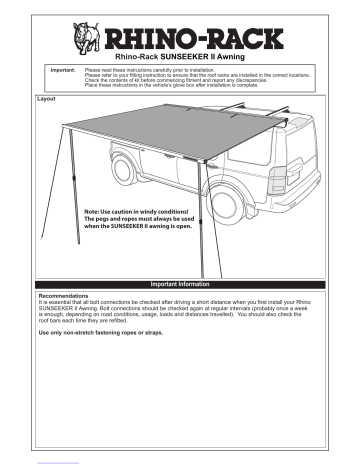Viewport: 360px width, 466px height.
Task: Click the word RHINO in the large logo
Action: click(154, 40)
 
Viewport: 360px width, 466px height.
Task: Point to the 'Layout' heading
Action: click(45, 101)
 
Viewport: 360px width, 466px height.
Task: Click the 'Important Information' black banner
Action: click(180, 284)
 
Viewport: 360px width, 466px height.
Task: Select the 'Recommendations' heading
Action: click(64, 296)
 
